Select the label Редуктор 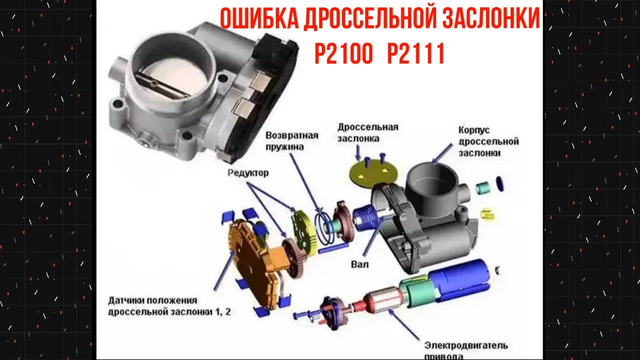click(x=248, y=173)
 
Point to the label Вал click(x=360, y=264)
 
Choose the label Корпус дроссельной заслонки click(x=488, y=141)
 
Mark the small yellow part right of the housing click(x=486, y=214)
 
